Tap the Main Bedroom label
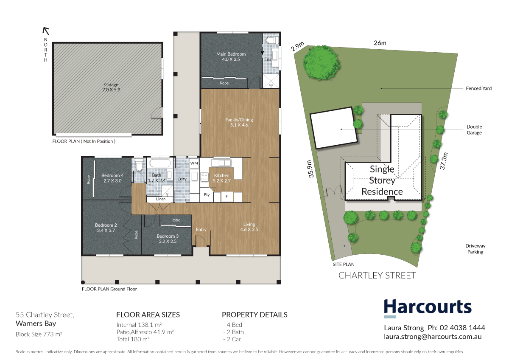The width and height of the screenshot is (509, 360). tap(231, 57)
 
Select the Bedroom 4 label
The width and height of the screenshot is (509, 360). tap(112, 178)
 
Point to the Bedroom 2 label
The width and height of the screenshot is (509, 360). tap(106, 228)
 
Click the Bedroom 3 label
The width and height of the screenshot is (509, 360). tap(167, 239)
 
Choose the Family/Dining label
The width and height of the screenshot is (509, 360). tap(239, 122)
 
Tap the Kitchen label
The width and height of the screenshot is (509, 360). tap(221, 178)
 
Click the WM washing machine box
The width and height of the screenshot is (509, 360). tap(194, 163)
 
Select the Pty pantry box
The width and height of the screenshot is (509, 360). tap(207, 195)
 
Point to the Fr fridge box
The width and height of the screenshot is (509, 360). tap(227, 197)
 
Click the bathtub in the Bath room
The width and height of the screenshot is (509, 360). tap(160, 163)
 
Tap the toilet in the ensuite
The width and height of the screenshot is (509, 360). tap(271, 40)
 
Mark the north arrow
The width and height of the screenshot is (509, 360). tap(46, 31)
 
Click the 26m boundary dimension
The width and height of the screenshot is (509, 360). tap(380, 43)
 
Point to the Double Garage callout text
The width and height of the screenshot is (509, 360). tap(474, 129)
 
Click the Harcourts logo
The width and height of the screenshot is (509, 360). tap(427, 307)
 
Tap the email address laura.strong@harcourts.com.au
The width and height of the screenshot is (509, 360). tap(433, 336)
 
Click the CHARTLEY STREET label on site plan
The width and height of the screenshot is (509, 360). tap(377, 276)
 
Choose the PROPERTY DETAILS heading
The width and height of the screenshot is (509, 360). tap(255, 315)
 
